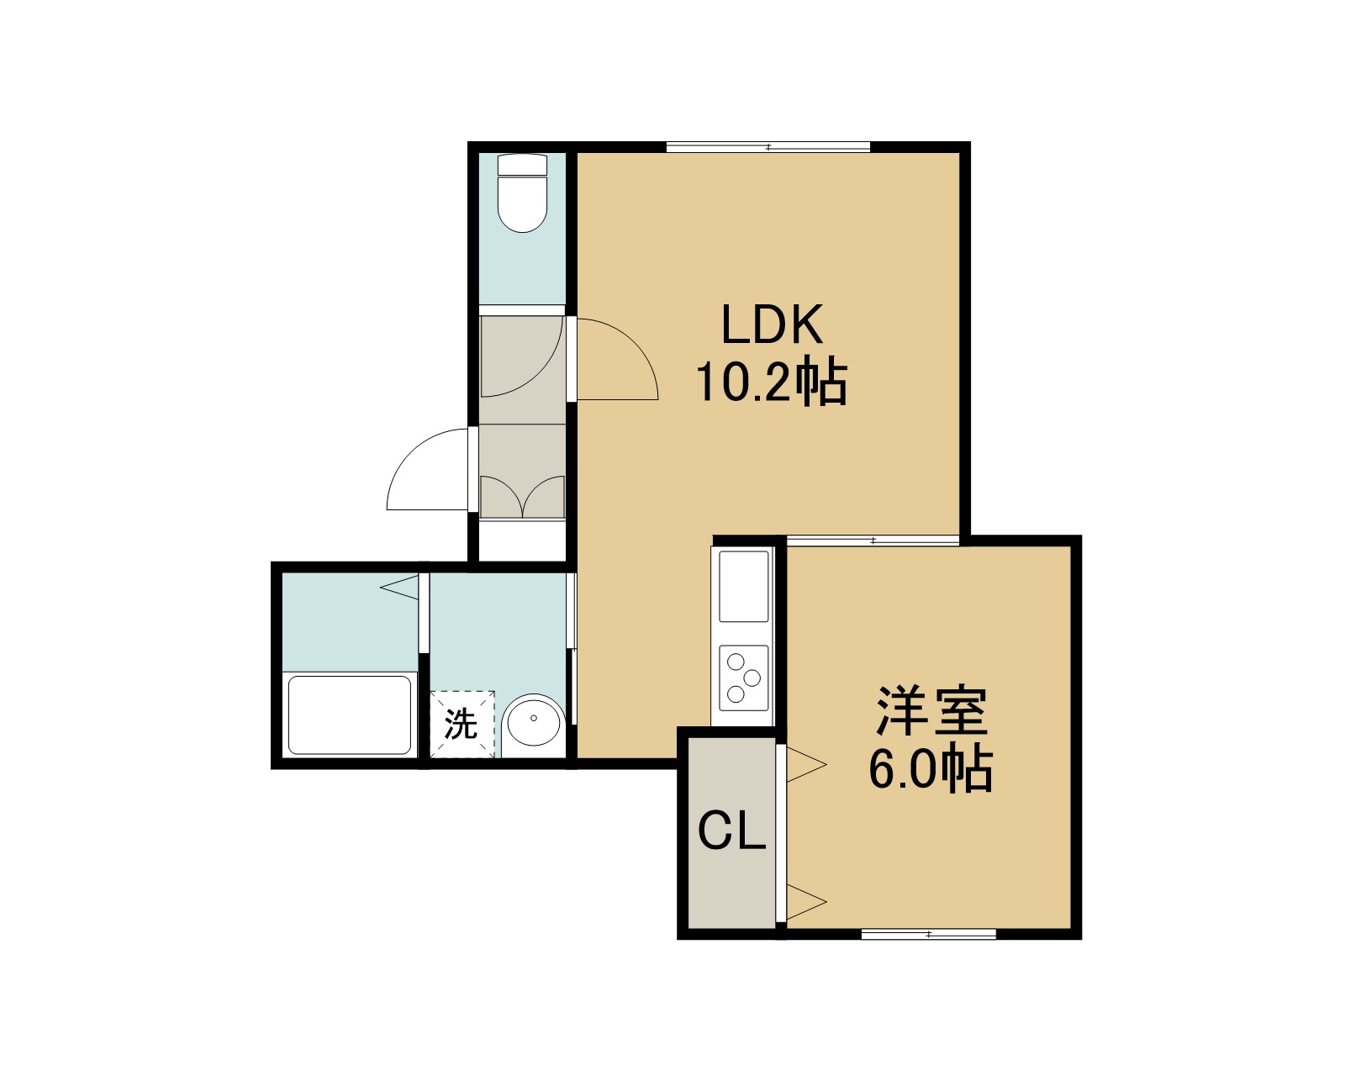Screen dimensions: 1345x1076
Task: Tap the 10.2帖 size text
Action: point(772,381)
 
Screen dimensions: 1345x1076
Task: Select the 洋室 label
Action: point(931,711)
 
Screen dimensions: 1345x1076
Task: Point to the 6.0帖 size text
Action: point(931,767)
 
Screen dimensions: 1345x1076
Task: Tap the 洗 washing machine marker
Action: point(462,724)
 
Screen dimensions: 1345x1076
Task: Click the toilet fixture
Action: point(523,193)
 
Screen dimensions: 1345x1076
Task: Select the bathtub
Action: point(350,715)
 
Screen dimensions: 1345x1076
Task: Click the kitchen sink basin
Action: point(744,587)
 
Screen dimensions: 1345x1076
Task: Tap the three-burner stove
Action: point(744,678)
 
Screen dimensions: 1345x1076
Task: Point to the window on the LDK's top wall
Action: point(768,148)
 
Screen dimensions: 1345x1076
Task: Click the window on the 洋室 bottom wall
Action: point(929,934)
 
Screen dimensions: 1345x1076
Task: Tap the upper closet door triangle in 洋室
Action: point(806,764)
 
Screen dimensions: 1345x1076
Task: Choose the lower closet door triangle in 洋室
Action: point(806,901)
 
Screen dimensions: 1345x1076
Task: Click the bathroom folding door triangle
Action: point(400,587)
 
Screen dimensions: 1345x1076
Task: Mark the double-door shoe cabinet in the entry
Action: point(523,497)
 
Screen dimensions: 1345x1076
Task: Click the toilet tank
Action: point(523,165)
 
